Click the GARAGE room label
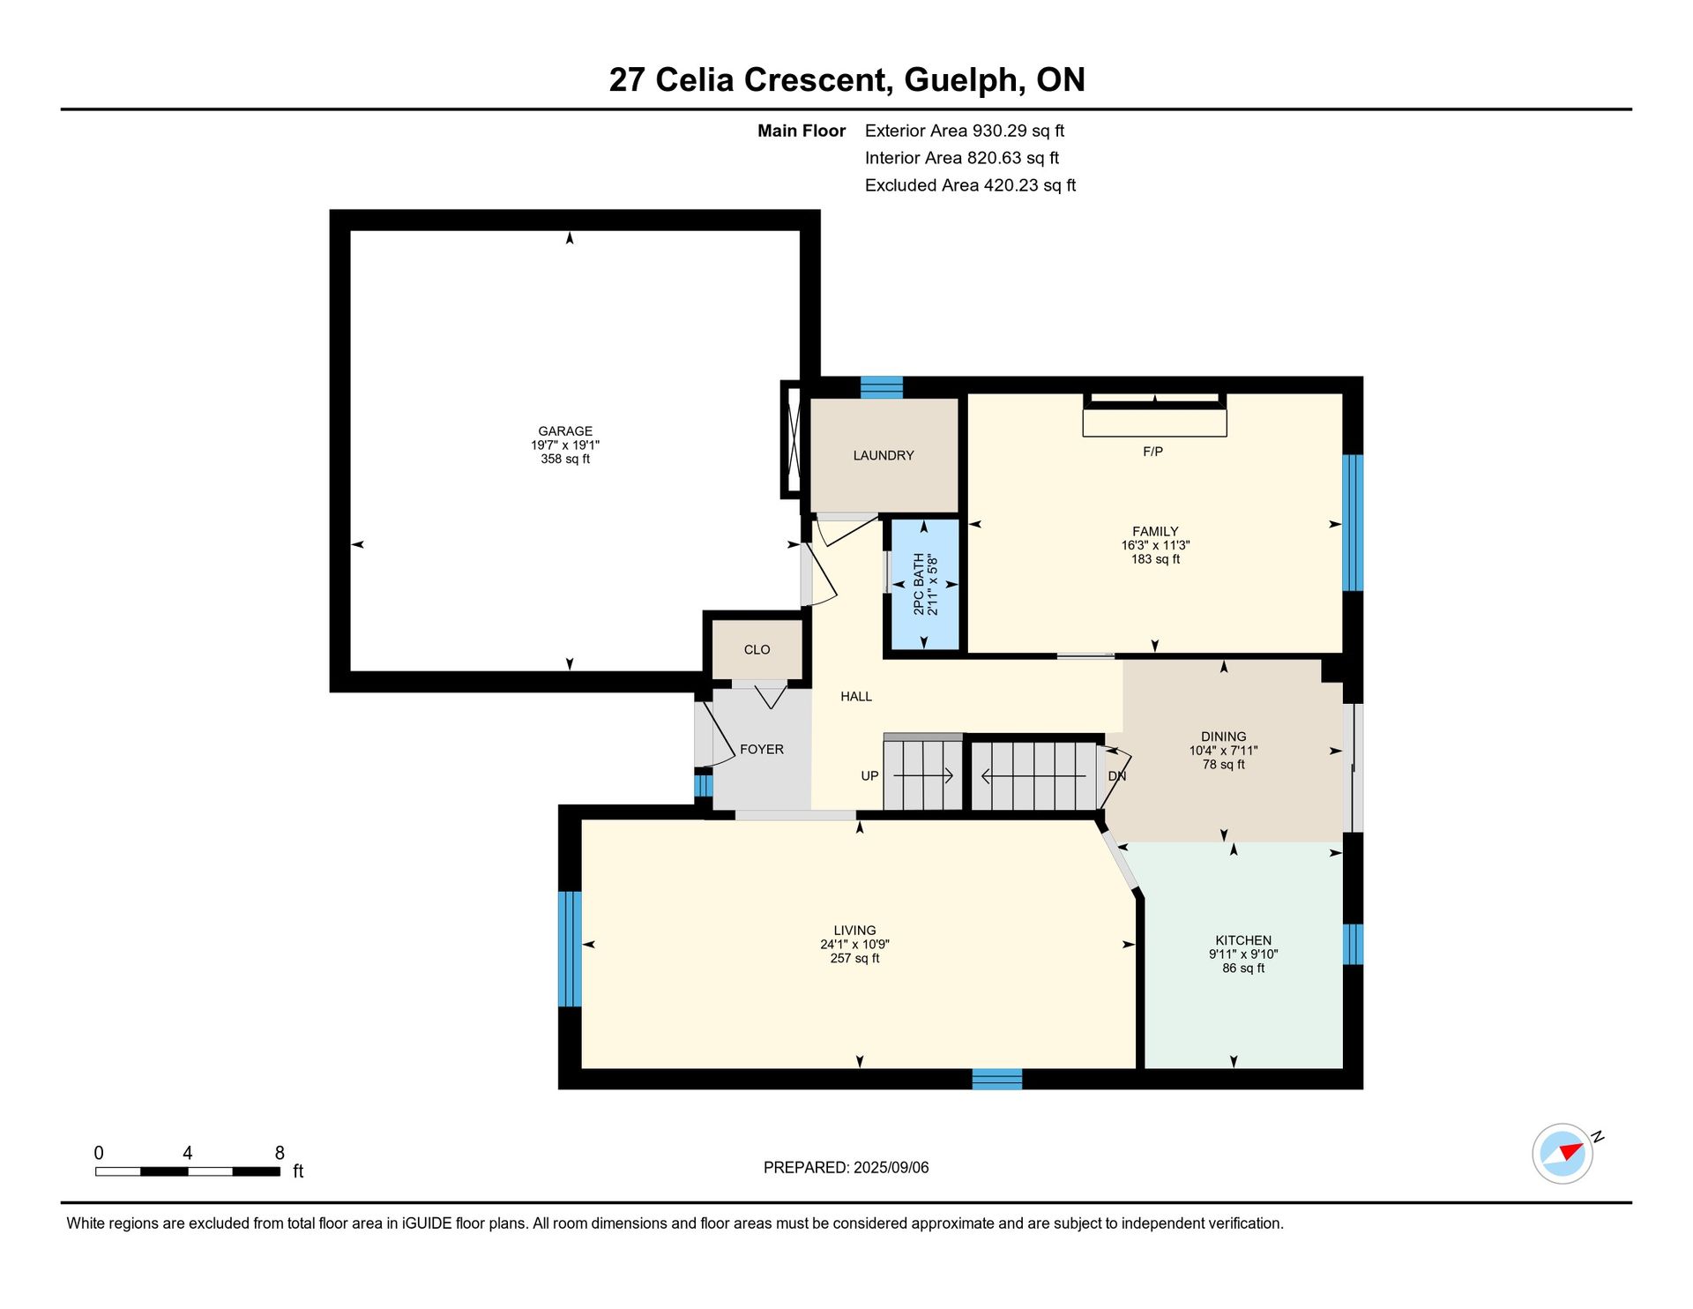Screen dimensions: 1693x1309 pyautogui.click(x=565, y=431)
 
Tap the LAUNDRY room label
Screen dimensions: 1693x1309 pyautogui.click(x=884, y=455)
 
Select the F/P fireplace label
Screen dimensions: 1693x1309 pyautogui.click(x=1152, y=452)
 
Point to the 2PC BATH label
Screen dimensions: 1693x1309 pyautogui.click(x=919, y=585)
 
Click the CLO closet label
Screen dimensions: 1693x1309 pyautogui.click(x=757, y=649)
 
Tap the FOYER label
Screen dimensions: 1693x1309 pyautogui.click(x=762, y=749)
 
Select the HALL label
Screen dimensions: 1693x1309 pyautogui.click(x=856, y=696)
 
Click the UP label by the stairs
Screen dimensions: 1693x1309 pyautogui.click(x=869, y=775)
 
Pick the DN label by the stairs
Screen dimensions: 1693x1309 pyautogui.click(x=1117, y=776)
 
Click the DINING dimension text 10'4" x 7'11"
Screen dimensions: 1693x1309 pyautogui.click(x=1223, y=751)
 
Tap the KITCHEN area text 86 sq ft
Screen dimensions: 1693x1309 pyautogui.click(x=1243, y=968)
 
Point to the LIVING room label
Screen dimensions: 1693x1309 pyautogui.click(x=854, y=930)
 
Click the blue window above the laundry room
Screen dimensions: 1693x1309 pyautogui.click(x=882, y=387)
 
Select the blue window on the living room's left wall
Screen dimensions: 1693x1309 pyautogui.click(x=571, y=948)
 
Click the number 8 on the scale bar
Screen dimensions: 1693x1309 pyautogui.click(x=280, y=1153)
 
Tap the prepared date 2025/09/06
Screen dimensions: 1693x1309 pyautogui.click(x=891, y=1167)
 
